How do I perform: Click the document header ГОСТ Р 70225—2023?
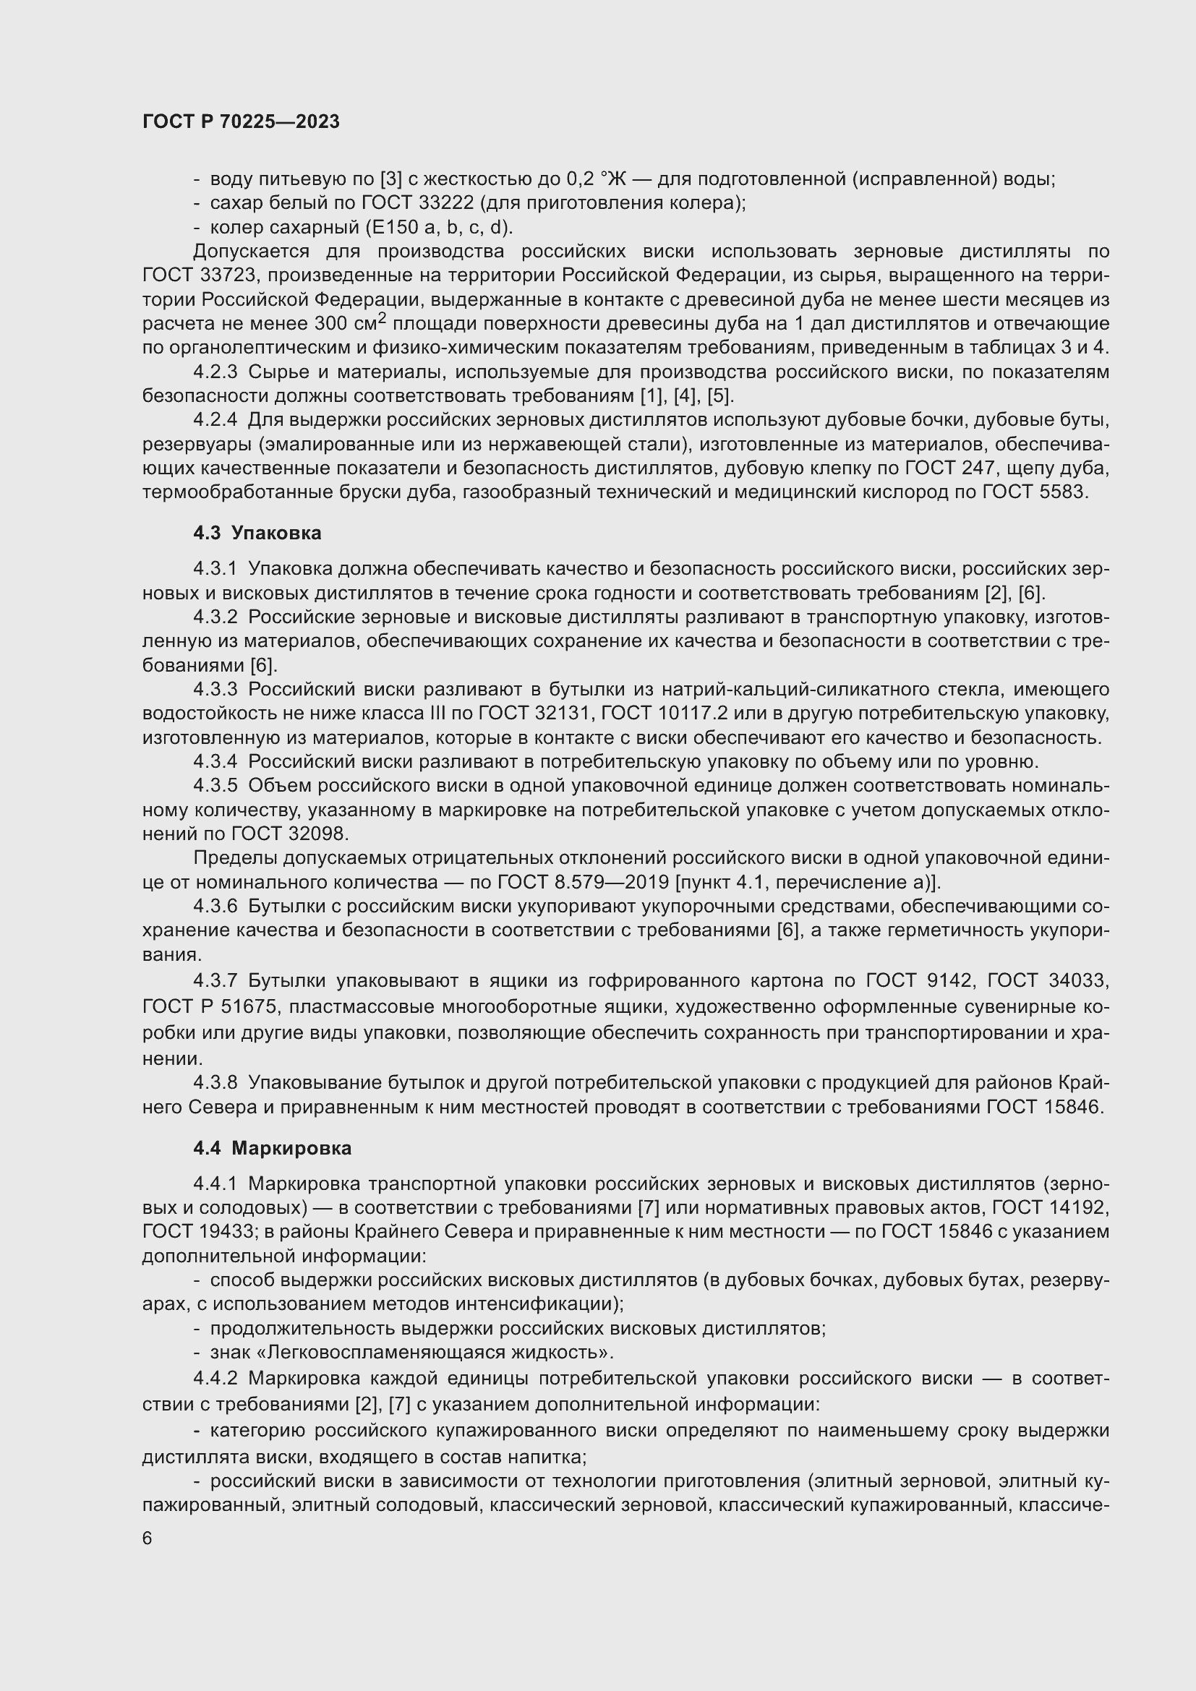click(x=241, y=121)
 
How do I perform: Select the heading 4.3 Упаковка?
click(x=257, y=533)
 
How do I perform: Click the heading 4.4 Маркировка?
click(x=273, y=1147)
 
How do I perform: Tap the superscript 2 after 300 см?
click(x=382, y=317)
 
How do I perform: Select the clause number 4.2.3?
click(x=215, y=372)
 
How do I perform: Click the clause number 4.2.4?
click(x=215, y=420)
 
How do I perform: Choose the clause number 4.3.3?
click(x=215, y=690)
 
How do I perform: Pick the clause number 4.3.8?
click(x=215, y=1082)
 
